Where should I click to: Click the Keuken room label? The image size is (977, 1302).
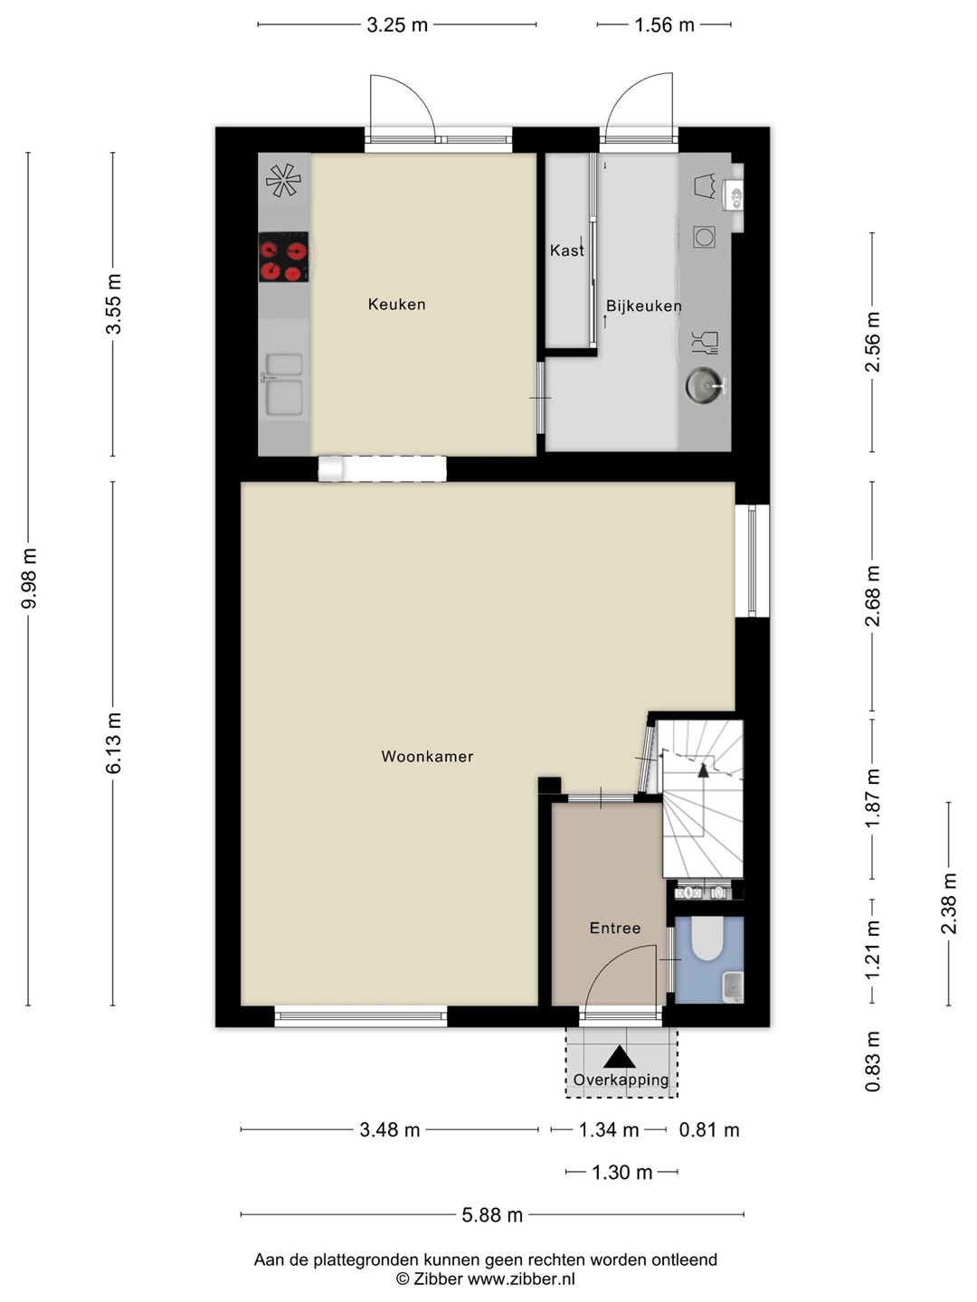396,305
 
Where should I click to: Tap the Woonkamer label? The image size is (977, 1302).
427,756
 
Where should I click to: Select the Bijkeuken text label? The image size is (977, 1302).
643,307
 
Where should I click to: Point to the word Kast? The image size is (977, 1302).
567,250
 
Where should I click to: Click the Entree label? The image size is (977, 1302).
615,928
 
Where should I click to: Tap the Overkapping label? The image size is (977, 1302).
621,1080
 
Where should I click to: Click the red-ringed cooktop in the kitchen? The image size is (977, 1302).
283,257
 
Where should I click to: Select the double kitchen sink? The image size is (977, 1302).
284,384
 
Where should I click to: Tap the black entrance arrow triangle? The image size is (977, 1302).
620,1057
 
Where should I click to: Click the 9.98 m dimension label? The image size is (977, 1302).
28,579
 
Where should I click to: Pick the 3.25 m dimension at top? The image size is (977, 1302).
397,25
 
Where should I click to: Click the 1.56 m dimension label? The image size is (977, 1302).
664,25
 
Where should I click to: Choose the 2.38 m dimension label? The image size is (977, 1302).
949,903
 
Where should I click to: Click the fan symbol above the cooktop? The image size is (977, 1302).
283,180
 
